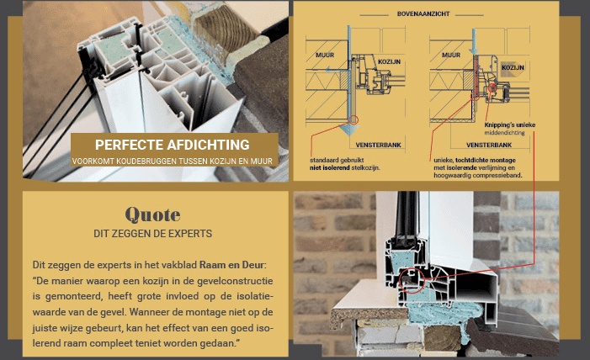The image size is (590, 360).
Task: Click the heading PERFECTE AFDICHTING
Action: tap(172, 144)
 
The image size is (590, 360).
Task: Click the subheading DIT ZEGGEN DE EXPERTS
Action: tap(151, 233)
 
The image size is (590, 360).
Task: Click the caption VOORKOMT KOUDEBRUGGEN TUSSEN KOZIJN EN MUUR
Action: tap(172, 160)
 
